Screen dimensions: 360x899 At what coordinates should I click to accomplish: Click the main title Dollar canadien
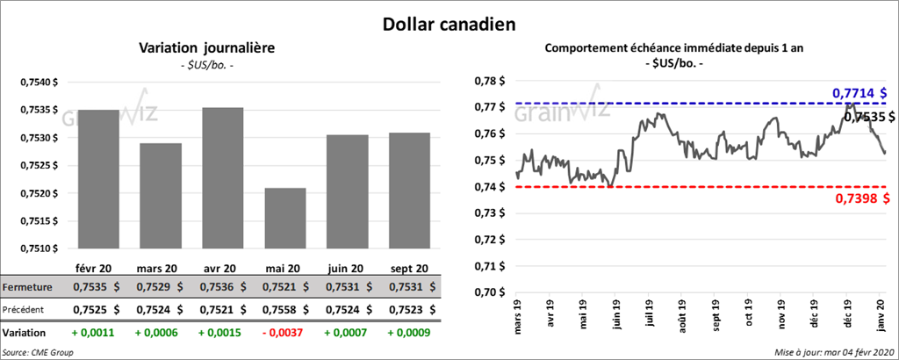449,23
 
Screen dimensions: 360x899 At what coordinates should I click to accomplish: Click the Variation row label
25,334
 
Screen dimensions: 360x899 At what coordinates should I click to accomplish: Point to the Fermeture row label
28,287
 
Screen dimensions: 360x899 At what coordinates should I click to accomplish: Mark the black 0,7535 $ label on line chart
867,116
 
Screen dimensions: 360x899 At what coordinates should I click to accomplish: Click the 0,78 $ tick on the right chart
490,82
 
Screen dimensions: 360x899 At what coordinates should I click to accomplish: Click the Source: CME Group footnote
38,352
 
